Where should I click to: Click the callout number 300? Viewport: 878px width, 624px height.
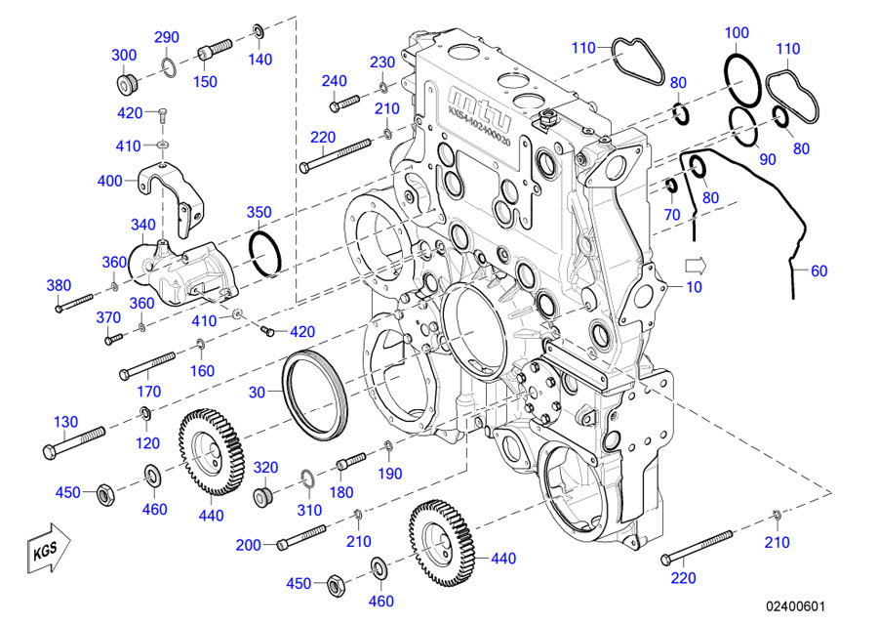click(124, 55)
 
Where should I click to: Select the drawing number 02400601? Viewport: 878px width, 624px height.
click(796, 605)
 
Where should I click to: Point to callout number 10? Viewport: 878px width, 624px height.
click(695, 287)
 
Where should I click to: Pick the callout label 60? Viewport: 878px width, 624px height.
click(818, 270)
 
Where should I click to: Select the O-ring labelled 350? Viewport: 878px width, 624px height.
click(265, 253)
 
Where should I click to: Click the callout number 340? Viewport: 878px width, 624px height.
click(143, 225)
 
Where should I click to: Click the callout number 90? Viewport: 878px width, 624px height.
click(768, 159)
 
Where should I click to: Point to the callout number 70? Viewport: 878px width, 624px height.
click(671, 214)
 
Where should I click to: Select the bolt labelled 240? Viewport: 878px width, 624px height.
click(343, 101)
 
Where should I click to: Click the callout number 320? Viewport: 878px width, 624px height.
click(266, 467)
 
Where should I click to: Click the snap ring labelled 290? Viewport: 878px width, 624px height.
click(168, 65)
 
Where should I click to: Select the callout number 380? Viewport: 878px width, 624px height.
click(60, 285)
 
